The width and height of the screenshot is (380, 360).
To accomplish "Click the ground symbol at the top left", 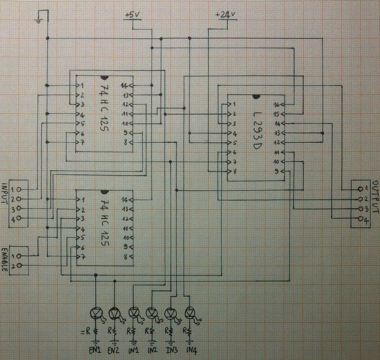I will tap(37, 21).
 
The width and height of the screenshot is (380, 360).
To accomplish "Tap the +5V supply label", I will tap(132, 15).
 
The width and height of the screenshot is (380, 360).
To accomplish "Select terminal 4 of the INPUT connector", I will tap(19, 218).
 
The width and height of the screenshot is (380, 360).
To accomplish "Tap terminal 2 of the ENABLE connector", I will tap(19, 265).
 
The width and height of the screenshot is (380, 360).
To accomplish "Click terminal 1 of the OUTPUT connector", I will tap(360, 189).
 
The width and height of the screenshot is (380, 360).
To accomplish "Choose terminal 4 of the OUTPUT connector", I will tap(360, 219).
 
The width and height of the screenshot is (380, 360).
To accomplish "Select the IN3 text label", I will tap(172, 350).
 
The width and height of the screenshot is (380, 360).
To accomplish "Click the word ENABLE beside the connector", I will tap(5, 260).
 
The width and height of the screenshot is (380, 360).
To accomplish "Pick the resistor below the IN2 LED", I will tap(151, 332).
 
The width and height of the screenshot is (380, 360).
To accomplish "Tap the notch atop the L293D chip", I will tap(255, 96).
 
